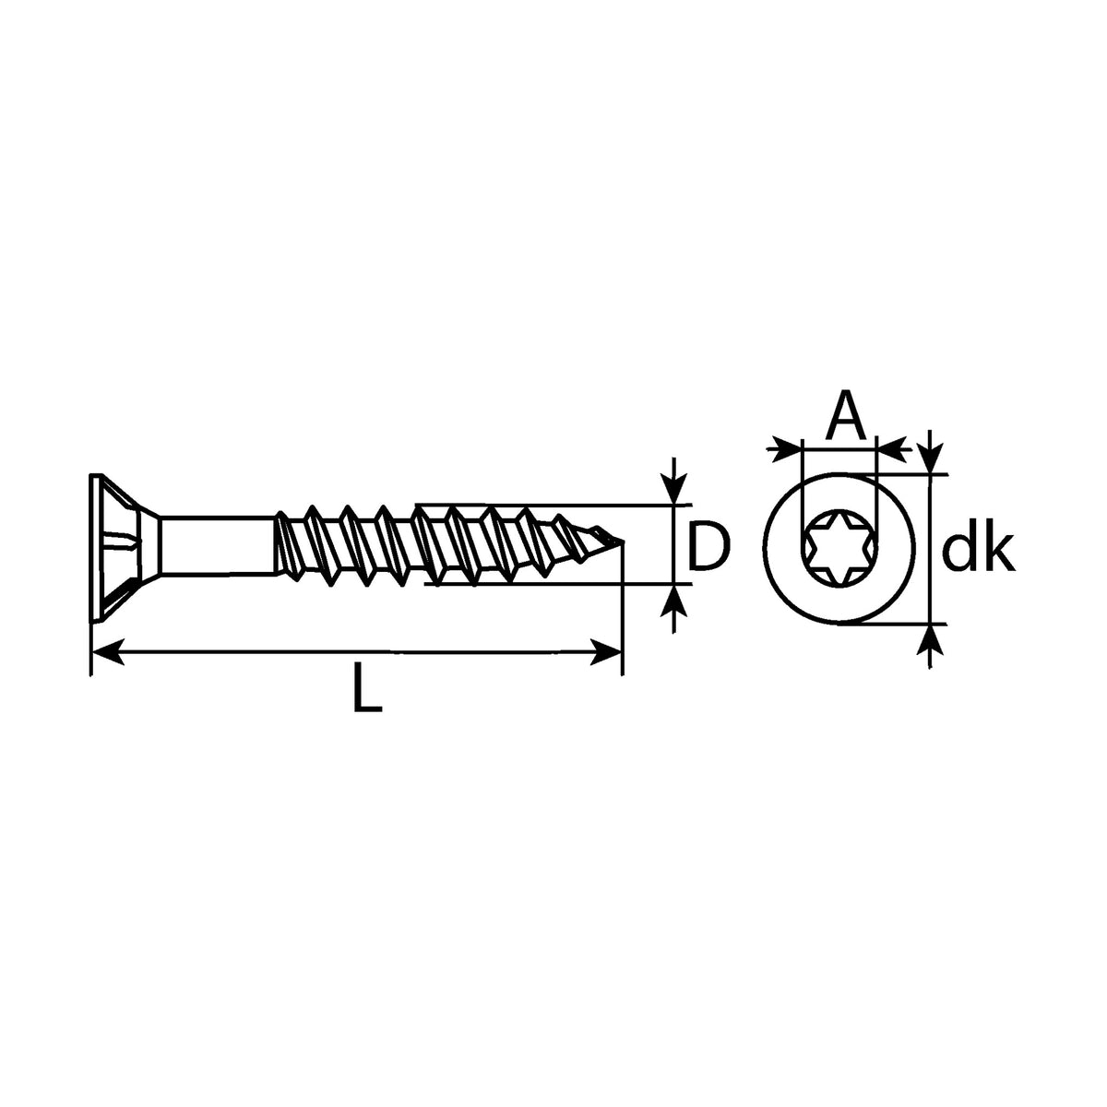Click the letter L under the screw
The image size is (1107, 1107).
point(367,687)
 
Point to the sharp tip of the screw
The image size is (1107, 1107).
point(623,542)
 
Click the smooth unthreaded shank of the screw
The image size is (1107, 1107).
point(217,545)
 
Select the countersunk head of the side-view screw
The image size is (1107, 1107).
point(123,547)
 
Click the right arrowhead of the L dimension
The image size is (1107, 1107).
point(605,652)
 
